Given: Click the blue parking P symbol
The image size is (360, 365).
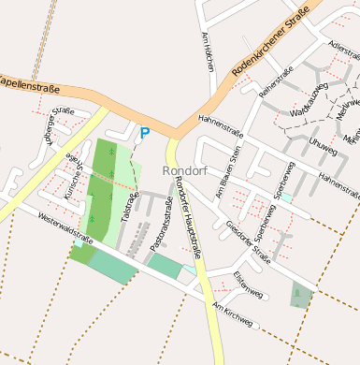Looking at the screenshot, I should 144,134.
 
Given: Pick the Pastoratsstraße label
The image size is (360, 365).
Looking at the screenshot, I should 161,225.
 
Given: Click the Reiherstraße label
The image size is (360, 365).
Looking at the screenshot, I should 277,82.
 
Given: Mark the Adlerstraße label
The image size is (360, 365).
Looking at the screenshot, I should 344,48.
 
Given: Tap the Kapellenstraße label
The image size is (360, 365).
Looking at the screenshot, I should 29,85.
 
